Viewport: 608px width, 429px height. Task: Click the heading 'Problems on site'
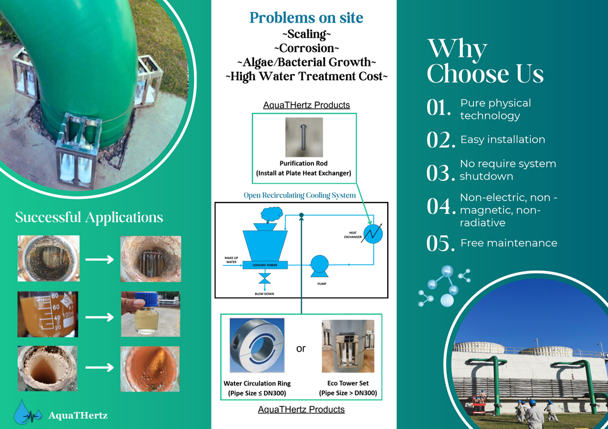tap(306, 18)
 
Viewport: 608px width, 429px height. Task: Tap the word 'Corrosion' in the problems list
tap(306, 48)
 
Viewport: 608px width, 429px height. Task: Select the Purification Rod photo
tap(304, 137)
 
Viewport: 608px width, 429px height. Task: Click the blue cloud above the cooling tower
tap(272, 214)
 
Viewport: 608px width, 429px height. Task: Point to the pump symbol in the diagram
tap(319, 266)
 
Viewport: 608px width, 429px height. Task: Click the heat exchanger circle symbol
tap(373, 233)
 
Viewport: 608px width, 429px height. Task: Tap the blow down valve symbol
tap(265, 278)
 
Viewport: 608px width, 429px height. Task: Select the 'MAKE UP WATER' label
tap(231, 260)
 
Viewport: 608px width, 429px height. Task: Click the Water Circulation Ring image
tap(257, 346)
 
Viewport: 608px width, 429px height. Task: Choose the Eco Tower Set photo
tap(348, 346)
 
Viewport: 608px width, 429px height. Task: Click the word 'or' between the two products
tap(301, 349)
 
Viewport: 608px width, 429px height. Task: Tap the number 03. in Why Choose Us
tap(441, 173)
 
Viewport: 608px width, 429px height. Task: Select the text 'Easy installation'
tap(502, 140)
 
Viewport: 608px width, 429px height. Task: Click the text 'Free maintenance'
tap(509, 243)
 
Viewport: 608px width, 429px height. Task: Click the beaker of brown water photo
tap(48, 314)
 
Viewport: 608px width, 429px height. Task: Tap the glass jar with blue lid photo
tap(151, 314)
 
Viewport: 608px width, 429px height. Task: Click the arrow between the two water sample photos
tap(100, 317)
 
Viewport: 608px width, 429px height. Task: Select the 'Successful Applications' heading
tap(89, 217)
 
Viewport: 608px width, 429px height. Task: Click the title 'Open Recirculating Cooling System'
tap(300, 195)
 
